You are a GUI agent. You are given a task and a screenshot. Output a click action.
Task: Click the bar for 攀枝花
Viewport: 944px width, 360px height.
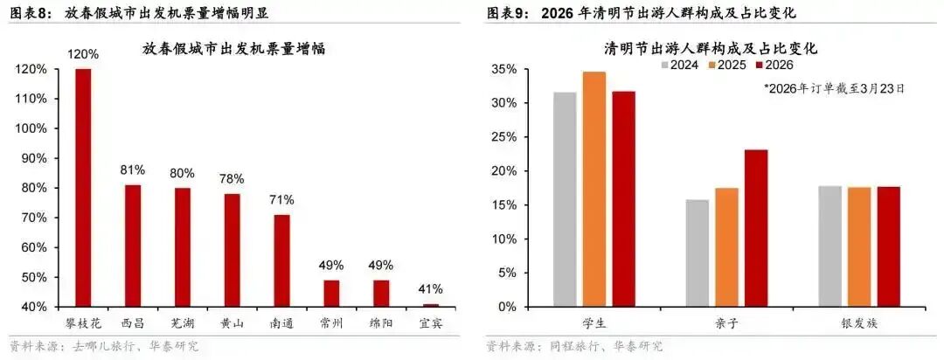click(x=83, y=188)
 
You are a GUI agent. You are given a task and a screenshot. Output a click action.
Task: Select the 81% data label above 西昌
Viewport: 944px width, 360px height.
click(x=134, y=170)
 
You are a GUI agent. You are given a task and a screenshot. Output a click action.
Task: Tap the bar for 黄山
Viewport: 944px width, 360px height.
click(x=233, y=250)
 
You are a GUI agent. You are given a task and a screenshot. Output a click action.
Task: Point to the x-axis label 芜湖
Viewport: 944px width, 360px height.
click(x=183, y=322)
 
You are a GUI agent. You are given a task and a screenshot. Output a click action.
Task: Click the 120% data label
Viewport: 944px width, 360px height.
click(x=84, y=54)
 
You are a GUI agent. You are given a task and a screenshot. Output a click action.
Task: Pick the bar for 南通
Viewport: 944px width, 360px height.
click(x=281, y=260)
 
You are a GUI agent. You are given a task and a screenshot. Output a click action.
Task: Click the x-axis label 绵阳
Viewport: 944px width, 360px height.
click(x=380, y=322)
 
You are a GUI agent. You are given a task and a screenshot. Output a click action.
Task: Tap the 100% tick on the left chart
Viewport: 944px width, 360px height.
click(x=32, y=128)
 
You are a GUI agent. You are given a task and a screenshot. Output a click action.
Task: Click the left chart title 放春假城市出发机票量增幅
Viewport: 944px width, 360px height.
click(x=233, y=49)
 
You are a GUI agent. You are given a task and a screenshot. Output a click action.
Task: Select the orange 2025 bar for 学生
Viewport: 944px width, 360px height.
click(x=594, y=189)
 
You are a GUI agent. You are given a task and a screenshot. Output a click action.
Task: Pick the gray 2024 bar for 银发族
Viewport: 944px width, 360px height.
click(x=830, y=246)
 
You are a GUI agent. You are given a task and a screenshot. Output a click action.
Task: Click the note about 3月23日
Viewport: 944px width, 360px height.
click(x=834, y=88)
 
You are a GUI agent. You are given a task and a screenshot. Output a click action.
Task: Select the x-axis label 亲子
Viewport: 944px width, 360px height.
click(x=727, y=323)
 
